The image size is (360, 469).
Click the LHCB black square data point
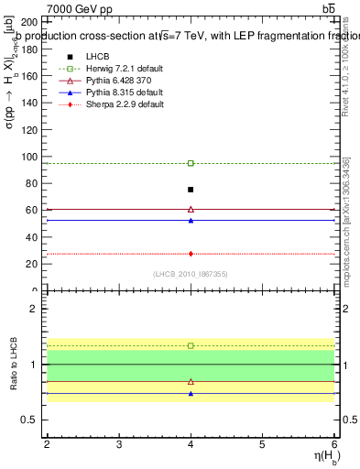pos(191,190)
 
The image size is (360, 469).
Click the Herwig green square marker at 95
pos(191,163)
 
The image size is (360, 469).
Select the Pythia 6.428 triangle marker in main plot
pos(191,209)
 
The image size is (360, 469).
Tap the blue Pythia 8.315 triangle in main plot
pos(191,220)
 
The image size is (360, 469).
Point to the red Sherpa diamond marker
pos(191,254)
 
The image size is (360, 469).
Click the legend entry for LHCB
pos(97,56)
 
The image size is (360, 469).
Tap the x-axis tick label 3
pos(119,444)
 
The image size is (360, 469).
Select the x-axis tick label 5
pos(263,444)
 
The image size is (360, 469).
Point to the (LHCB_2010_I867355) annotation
pos(191,274)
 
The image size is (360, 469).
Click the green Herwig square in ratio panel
pos(191,345)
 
